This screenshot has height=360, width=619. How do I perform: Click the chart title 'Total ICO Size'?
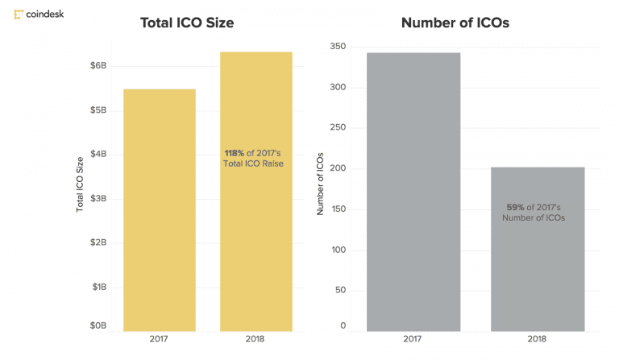click(x=186, y=23)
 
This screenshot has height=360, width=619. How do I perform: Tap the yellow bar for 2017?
click(x=159, y=209)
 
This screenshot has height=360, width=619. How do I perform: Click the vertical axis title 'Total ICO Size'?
click(x=80, y=184)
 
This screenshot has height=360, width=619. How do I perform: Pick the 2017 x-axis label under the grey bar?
click(x=413, y=341)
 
